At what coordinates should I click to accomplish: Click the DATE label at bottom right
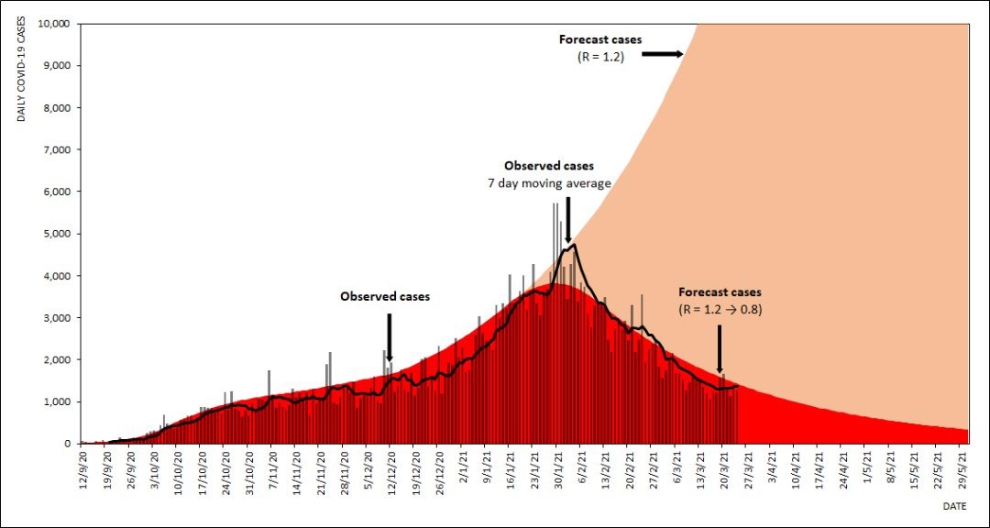tap(954, 505)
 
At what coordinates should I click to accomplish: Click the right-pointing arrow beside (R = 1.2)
tap(662, 55)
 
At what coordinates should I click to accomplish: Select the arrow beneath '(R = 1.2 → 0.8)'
tap(719, 347)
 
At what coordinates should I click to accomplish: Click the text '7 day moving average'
tap(549, 183)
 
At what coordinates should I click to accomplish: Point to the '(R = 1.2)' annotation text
tap(599, 56)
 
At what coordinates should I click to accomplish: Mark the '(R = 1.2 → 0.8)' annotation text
tap(720, 309)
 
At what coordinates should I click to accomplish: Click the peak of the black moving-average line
tap(574, 245)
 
